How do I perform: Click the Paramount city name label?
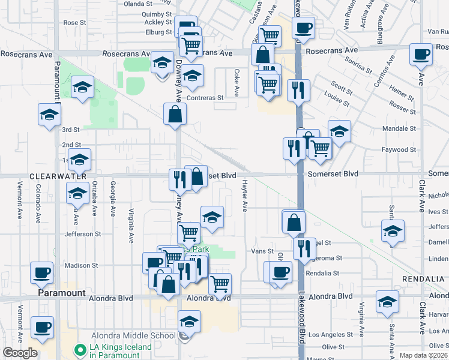61,293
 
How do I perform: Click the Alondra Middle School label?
133,335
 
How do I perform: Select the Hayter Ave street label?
244,196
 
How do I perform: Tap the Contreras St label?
205,97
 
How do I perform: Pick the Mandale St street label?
399,128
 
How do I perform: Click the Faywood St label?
399,149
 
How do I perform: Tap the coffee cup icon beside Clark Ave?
420,55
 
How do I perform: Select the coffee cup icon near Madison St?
42,272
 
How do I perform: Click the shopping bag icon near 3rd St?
175,115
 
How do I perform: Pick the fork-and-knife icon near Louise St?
298,91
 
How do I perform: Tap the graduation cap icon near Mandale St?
339,131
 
